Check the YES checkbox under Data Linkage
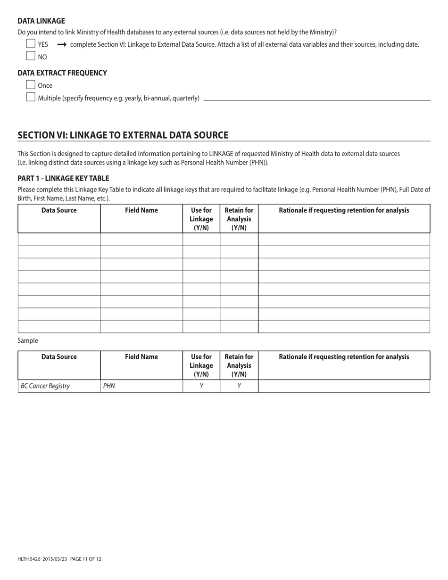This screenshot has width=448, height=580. click(31, 44)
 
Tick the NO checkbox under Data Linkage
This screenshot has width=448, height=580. click(31, 56)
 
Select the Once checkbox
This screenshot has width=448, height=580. click(31, 85)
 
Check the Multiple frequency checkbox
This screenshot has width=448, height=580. click(31, 98)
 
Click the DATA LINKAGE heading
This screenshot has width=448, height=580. click(41, 21)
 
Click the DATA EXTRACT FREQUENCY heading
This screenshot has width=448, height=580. click(62, 73)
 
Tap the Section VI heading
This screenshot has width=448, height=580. click(123, 135)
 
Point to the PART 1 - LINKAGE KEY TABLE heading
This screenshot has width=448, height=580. click(63, 178)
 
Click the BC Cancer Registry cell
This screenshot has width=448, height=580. click(45, 386)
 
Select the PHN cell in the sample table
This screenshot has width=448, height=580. click(109, 386)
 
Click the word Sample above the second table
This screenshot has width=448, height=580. click(28, 340)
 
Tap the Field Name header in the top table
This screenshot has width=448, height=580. click(141, 211)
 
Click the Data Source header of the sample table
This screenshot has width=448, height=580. click(59, 357)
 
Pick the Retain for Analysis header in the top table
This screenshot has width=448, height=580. click(239, 219)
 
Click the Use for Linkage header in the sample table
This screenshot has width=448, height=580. click(201, 365)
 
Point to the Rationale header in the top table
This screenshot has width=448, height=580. click(344, 211)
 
